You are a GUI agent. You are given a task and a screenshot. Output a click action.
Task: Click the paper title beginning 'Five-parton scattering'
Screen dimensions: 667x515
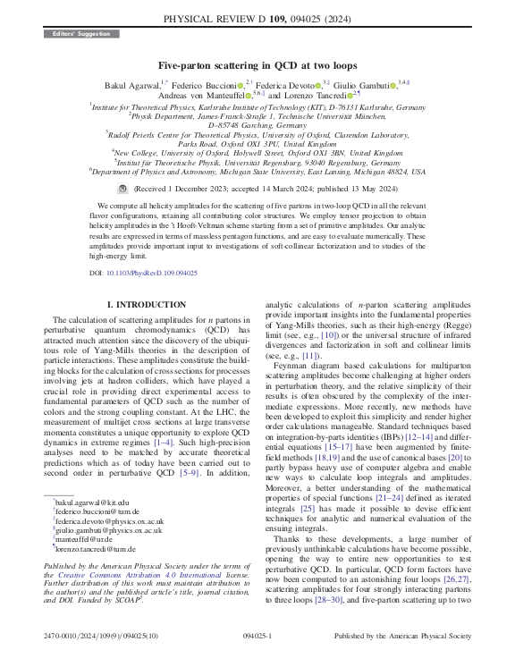[257, 65]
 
